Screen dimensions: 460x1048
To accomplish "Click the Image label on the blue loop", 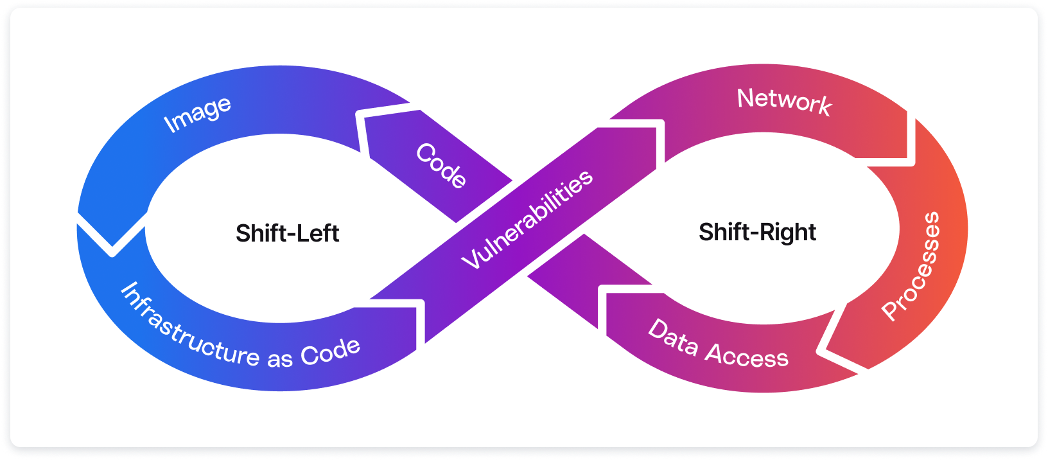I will [197, 114].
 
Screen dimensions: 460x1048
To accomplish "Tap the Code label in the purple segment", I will [441, 165].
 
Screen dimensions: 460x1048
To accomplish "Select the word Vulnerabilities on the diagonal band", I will [527, 219].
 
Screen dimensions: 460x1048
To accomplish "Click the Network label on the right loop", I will [784, 102].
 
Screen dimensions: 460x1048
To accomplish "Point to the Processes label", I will [912, 265].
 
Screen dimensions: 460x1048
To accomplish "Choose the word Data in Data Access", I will [672, 337].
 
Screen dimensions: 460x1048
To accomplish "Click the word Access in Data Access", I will [747, 355].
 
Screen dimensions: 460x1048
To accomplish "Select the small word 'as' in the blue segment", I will [279, 358].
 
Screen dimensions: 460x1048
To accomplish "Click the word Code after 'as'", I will [330, 351].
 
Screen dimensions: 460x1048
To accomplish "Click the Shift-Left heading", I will [287, 233].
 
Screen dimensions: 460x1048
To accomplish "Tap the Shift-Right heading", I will [757, 232].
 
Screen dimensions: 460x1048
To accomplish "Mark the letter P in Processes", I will [891, 310].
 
